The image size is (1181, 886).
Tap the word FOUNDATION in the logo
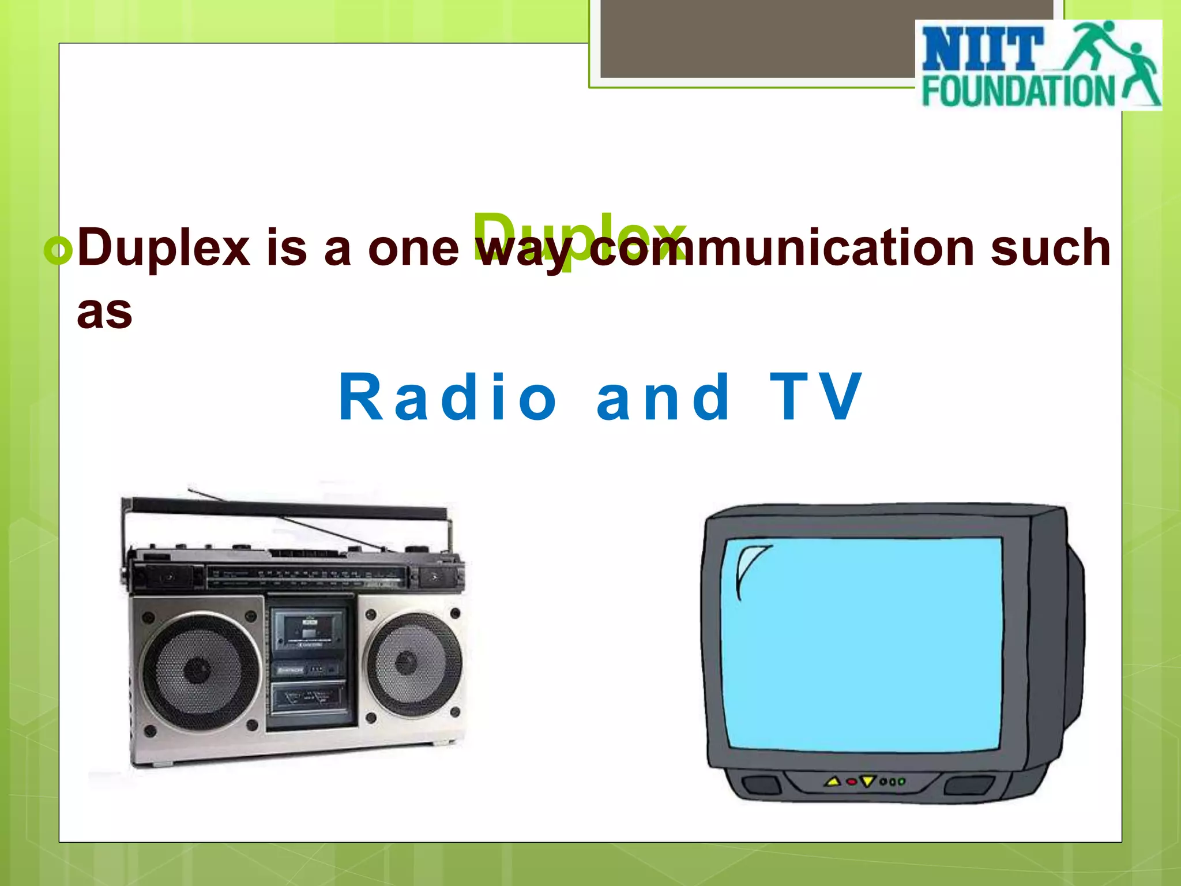pos(1018,92)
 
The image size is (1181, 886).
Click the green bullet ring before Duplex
pos(58,250)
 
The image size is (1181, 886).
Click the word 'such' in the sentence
pos(1051,248)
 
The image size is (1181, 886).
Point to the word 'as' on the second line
pos(104,312)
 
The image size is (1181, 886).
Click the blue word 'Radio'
pos(447,397)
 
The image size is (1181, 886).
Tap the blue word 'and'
pos(663,397)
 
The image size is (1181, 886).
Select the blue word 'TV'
pos(815,397)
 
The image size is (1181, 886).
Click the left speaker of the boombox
pos(198,671)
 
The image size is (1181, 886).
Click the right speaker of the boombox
pos(407,663)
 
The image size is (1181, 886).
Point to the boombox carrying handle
pos(288,510)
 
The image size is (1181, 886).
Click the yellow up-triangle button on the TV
pos(832,782)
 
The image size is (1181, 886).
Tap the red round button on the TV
pos(851,782)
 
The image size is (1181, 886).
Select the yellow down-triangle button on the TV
pos(867,782)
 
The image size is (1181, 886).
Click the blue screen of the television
pos(862,643)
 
